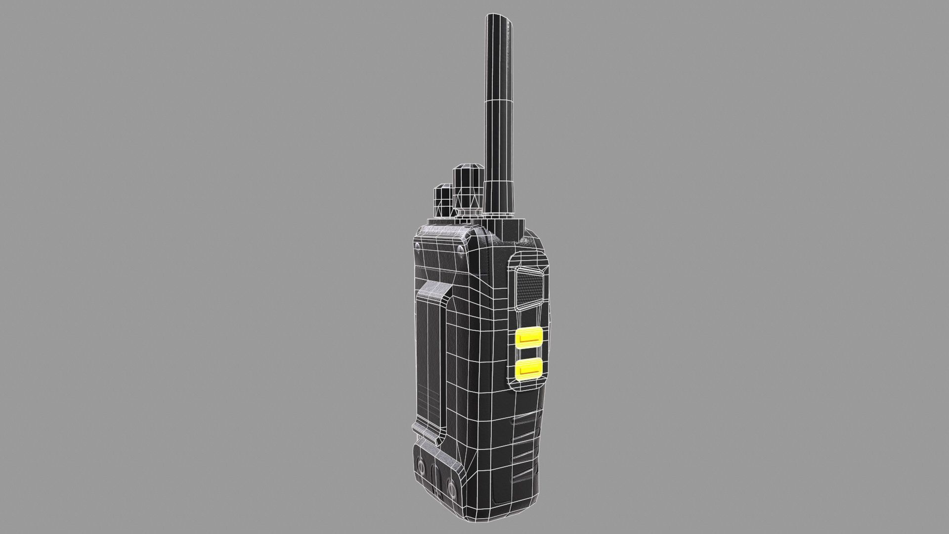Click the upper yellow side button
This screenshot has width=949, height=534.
[x=528, y=338]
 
